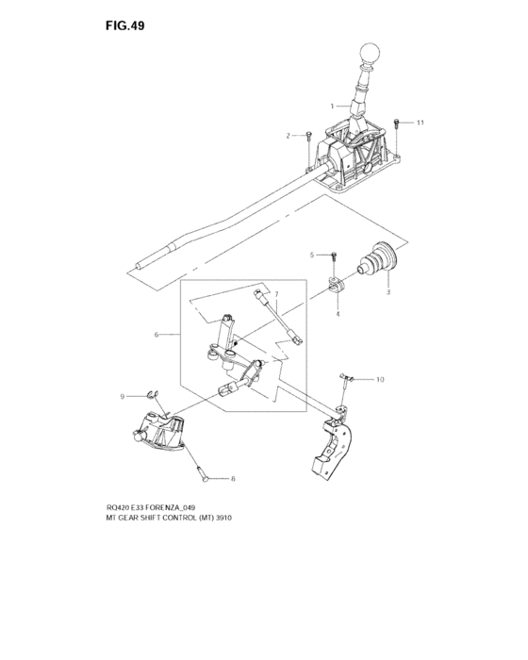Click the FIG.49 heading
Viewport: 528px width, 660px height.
click(x=125, y=25)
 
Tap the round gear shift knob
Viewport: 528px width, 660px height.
click(x=370, y=54)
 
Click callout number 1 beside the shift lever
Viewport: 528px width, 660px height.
click(x=332, y=106)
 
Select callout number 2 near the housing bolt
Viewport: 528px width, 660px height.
click(x=288, y=136)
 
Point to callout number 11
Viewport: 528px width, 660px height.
click(x=420, y=123)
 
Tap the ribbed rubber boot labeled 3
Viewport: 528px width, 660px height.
click(x=378, y=258)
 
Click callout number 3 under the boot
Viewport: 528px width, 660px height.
click(x=388, y=291)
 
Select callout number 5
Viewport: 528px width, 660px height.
click(x=312, y=255)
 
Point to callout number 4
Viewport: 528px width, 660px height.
click(x=338, y=314)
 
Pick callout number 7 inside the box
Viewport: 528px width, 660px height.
click(x=276, y=293)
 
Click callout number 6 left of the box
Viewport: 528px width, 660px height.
click(x=157, y=335)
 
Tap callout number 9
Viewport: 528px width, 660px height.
click(x=123, y=397)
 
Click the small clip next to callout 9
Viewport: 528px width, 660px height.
click(x=152, y=394)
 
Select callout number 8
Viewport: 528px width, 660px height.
click(x=233, y=479)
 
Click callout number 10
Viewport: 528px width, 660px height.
click(x=380, y=379)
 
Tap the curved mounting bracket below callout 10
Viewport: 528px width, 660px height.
click(x=334, y=447)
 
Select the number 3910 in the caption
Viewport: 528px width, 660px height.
click(x=223, y=518)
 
